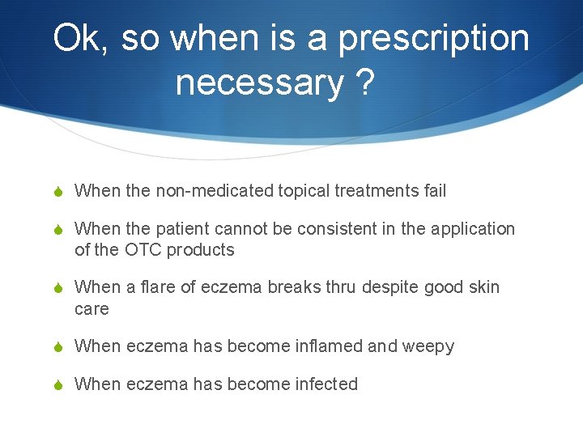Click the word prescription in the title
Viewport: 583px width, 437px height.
pyautogui.click(x=433, y=39)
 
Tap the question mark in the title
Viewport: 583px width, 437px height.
pyautogui.click(x=364, y=83)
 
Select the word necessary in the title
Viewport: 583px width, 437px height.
pyautogui.click(x=258, y=83)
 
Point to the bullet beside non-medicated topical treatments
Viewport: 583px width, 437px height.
pyautogui.click(x=58, y=192)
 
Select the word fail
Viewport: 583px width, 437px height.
pyautogui.click(x=434, y=191)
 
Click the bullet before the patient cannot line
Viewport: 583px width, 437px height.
pyautogui.click(x=58, y=230)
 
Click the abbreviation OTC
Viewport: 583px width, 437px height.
pyautogui.click(x=143, y=250)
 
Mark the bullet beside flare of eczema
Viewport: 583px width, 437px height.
pyautogui.click(x=58, y=288)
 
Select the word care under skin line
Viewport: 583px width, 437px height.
pyautogui.click(x=91, y=309)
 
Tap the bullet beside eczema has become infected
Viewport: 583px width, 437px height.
pyautogui.click(x=58, y=385)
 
